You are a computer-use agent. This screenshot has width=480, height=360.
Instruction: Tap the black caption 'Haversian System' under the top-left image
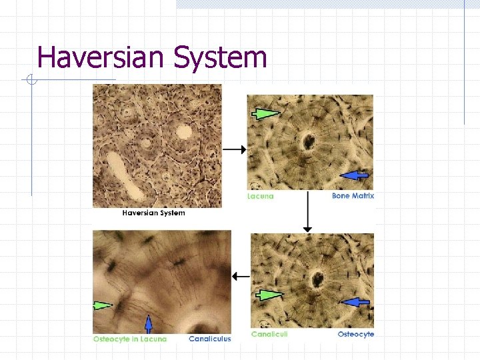tap(153, 213)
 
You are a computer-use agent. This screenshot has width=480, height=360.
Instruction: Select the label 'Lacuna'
tap(260, 196)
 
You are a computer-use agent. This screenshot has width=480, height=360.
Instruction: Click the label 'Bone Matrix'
tap(353, 196)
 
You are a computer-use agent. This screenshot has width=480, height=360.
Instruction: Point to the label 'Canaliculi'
tap(269, 334)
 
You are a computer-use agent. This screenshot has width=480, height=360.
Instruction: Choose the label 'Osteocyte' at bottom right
tap(356, 334)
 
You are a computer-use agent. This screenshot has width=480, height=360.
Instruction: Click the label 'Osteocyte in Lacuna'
tap(130, 339)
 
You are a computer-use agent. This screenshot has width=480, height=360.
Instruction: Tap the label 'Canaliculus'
tap(210, 339)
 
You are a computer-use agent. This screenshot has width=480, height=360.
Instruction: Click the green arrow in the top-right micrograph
tap(266, 115)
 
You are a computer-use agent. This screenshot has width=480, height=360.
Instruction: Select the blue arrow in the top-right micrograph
tap(354, 175)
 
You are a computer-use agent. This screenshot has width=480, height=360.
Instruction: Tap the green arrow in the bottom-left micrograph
tap(103, 305)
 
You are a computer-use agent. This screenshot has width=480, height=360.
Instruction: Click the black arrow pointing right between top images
tap(234, 150)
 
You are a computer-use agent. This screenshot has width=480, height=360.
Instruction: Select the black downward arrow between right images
tap(307, 213)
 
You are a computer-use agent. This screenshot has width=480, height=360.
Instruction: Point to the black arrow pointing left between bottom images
tap(241, 276)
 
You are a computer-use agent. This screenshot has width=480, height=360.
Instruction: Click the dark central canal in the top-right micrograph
tap(308, 141)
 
